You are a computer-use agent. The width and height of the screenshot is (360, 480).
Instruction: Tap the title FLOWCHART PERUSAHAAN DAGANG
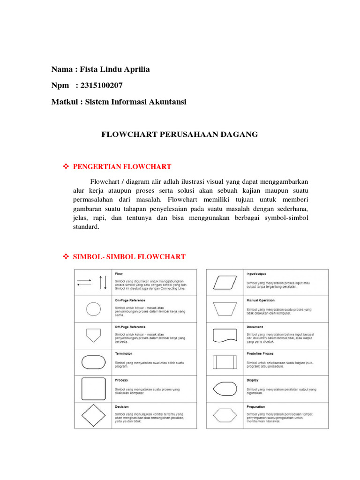click(180, 135)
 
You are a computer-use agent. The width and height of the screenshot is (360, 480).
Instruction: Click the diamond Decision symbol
click(93, 415)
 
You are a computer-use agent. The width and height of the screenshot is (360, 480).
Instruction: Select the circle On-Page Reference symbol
click(93, 309)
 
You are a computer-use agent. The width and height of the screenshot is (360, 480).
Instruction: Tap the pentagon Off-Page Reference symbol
click(93, 335)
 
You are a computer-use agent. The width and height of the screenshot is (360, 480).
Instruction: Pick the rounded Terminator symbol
click(93, 362)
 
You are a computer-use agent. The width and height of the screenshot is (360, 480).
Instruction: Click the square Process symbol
click(93, 389)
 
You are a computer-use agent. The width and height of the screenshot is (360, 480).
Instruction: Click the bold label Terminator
click(123, 353)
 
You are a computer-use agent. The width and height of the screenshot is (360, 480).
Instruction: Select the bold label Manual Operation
click(261, 300)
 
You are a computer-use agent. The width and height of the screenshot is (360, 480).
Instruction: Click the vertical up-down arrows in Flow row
click(103, 282)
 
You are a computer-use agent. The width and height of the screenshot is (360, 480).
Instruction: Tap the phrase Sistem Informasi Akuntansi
click(135, 102)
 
